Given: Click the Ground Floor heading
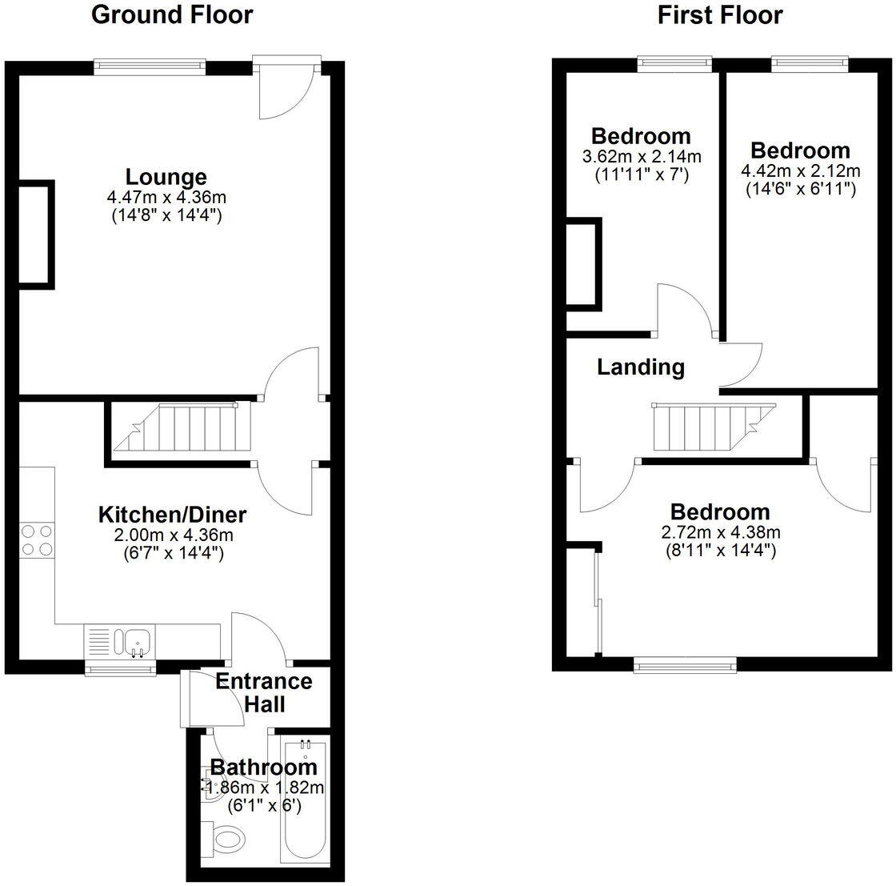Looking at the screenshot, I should point(172,14).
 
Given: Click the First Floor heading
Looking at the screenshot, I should point(719,14).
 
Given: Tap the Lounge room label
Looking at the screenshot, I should point(166,177).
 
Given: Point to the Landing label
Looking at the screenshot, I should point(641,367).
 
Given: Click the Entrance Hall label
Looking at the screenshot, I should point(264,692).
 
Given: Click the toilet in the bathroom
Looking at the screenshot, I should point(226,840).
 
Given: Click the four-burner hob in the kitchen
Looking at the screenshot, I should point(38,539).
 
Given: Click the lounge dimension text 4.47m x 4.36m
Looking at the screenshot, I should point(166,196).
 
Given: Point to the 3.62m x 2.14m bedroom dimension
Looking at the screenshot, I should point(641,156).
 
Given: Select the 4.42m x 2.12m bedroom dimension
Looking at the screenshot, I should point(800,170).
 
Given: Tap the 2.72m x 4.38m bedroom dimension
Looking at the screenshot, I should point(720,532).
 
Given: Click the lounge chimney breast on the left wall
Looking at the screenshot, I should point(36,234).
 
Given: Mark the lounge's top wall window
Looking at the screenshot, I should point(150,66).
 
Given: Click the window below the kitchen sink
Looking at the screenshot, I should point(121,669).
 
